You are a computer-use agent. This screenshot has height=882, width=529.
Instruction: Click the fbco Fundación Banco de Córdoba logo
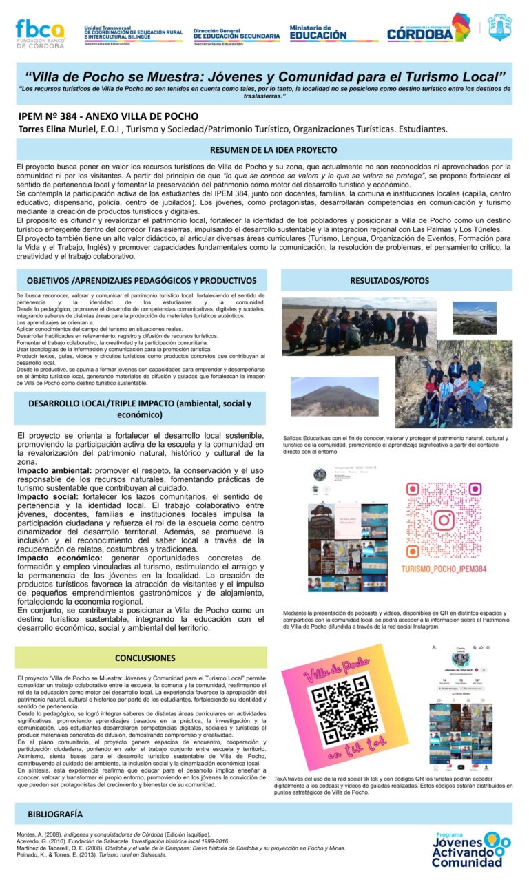(x=39, y=32)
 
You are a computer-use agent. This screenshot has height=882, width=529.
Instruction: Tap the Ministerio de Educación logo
(x=318, y=32)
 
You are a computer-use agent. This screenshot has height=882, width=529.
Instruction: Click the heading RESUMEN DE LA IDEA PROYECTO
(x=264, y=149)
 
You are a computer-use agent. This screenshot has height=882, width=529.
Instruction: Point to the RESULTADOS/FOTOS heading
(x=399, y=280)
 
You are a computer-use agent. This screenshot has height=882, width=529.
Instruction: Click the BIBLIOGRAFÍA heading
(x=55, y=814)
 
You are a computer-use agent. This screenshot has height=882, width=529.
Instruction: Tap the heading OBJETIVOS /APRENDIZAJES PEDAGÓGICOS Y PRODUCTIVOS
(x=141, y=280)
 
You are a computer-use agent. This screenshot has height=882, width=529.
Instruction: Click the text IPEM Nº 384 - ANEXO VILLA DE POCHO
(x=108, y=116)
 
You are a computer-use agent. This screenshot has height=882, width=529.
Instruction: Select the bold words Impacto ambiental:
(x=54, y=470)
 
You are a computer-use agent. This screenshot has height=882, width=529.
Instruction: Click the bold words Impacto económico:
(x=60, y=558)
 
